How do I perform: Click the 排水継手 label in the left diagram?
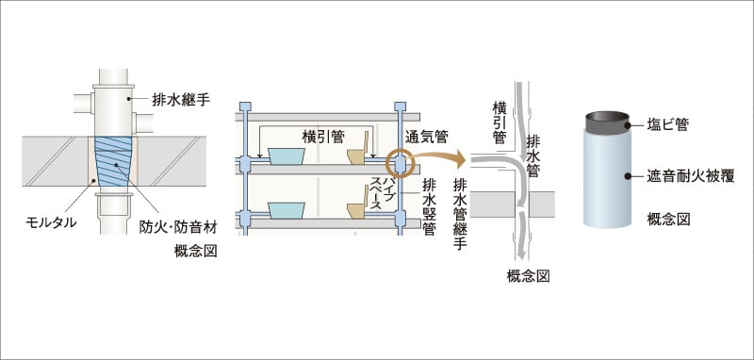click(182, 96)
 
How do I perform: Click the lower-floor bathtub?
click(282, 209)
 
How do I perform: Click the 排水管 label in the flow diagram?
click(533, 152)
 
